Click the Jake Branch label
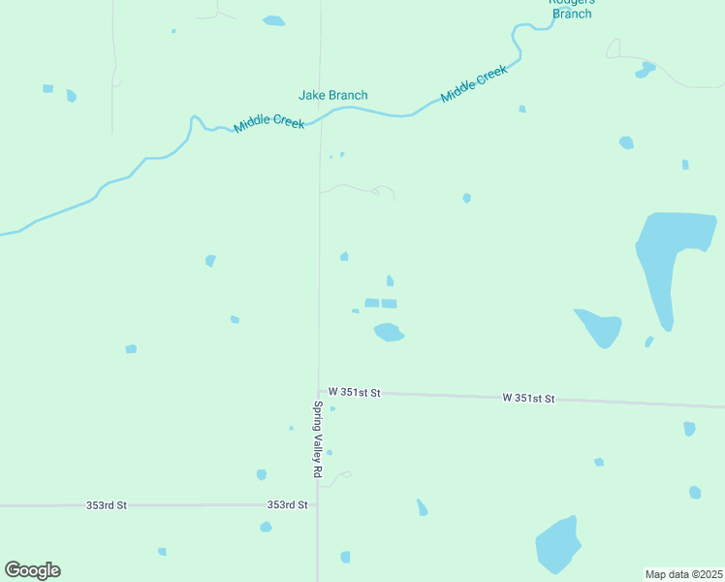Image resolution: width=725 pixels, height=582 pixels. coord(332,95)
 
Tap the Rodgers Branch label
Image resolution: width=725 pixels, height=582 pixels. coord(572,7)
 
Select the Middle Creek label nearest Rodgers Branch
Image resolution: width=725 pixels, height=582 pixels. coord(474,84)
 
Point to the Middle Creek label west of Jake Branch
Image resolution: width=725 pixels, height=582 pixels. coord(268,124)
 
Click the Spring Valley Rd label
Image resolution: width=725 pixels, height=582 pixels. coord(317,439)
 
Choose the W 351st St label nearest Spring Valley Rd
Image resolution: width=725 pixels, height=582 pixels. coord(354,392)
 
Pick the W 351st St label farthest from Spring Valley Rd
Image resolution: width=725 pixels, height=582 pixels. coord(528,398)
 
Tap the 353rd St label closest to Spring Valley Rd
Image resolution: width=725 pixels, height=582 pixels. coord(287,504)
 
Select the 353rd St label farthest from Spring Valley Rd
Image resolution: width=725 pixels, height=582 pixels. coord(106,505)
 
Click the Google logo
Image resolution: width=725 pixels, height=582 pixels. coord(32,570)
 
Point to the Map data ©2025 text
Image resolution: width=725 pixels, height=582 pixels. coord(683,573)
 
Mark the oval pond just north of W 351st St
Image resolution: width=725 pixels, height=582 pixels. coord(389,333)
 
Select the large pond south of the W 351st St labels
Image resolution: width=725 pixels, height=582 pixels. coord(558,546)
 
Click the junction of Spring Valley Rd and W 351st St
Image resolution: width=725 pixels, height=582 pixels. coord(318,391)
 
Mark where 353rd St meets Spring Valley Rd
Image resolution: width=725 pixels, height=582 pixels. coord(317,504)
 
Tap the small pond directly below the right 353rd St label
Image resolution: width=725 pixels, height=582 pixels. coord(266,527)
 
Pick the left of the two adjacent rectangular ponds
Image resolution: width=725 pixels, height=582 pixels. coord(371,303)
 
